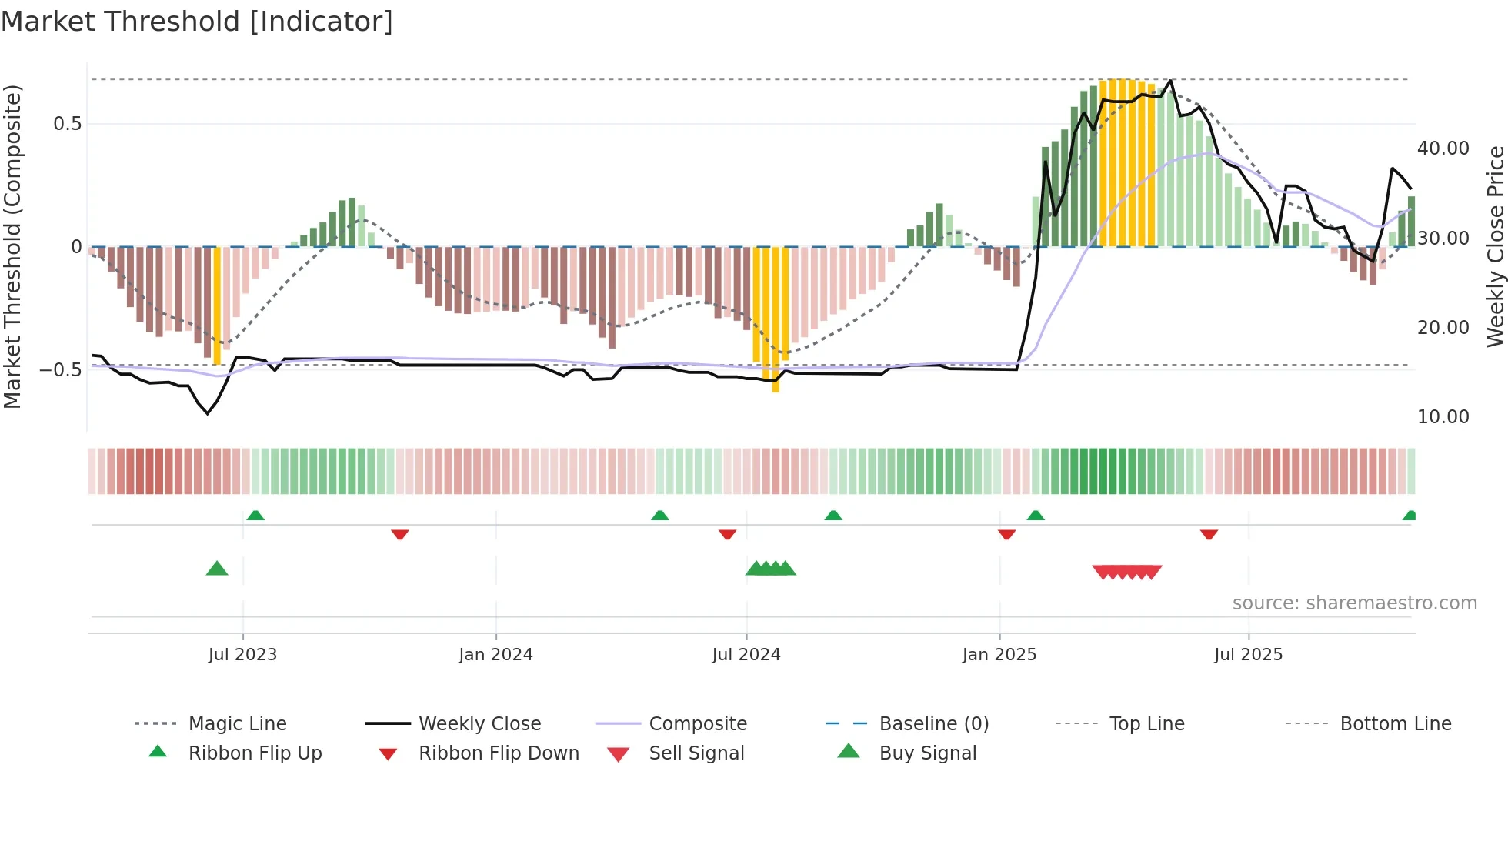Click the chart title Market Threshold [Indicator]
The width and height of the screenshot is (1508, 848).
(197, 22)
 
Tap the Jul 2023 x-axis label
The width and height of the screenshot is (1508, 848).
(242, 655)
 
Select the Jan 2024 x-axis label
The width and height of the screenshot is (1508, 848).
(495, 655)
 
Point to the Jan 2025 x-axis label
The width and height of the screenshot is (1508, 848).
(999, 655)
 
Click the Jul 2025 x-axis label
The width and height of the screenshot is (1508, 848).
(1248, 655)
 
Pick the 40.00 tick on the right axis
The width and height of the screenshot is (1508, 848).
(1443, 149)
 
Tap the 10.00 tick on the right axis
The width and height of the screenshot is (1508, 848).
(1443, 417)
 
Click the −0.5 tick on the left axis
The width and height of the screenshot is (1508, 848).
(61, 370)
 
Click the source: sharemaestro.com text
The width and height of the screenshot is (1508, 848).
(1354, 603)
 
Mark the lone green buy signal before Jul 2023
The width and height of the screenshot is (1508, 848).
(217, 569)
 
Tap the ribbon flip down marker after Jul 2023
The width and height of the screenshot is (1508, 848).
(399, 534)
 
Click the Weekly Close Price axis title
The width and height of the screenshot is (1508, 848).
(1495, 246)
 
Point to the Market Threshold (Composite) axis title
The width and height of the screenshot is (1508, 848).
(12, 246)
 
